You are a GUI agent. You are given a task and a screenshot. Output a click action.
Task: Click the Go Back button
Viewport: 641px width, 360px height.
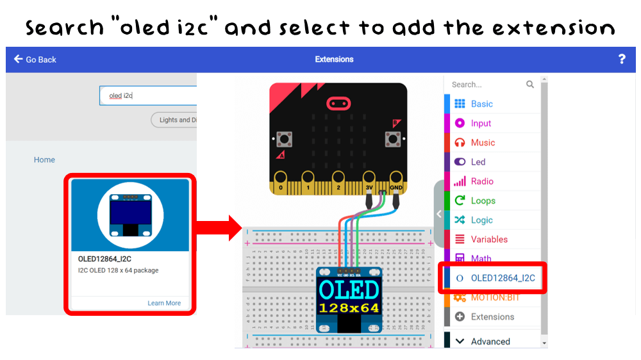coord(35,60)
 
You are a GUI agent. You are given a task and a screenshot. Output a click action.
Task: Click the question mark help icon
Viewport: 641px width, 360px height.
coord(622,59)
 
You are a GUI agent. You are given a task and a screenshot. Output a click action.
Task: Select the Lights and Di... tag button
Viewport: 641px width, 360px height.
coord(175,120)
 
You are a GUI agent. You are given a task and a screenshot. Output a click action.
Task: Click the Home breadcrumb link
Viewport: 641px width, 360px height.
coord(44,160)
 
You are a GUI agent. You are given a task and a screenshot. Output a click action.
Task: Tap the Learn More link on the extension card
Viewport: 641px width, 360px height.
coord(164,303)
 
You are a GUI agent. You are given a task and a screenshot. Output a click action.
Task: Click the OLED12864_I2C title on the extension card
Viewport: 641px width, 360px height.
coord(104,259)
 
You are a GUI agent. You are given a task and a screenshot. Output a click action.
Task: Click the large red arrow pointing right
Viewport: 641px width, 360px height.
coord(217,228)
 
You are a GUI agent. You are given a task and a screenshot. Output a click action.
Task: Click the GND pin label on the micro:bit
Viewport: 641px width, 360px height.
coord(396,188)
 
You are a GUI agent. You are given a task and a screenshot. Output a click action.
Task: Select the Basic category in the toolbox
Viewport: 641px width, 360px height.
coord(481,104)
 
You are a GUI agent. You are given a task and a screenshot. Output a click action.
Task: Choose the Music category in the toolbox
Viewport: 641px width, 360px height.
coord(483,142)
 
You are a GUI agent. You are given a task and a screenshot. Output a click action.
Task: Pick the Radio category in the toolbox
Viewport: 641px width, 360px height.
coord(482,181)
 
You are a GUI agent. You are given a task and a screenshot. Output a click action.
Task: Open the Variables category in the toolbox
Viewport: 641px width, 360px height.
coord(489,239)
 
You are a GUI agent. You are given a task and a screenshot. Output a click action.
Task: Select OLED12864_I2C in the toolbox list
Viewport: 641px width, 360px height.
coord(503,278)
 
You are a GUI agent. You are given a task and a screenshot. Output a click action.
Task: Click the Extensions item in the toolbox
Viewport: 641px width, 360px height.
coord(492,316)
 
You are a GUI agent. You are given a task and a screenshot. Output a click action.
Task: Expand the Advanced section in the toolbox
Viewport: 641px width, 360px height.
coord(490,341)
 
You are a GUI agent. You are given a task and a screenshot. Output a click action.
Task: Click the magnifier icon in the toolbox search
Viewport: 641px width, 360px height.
coord(530,85)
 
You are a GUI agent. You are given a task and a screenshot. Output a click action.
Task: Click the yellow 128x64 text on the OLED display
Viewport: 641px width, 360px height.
coord(349,308)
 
